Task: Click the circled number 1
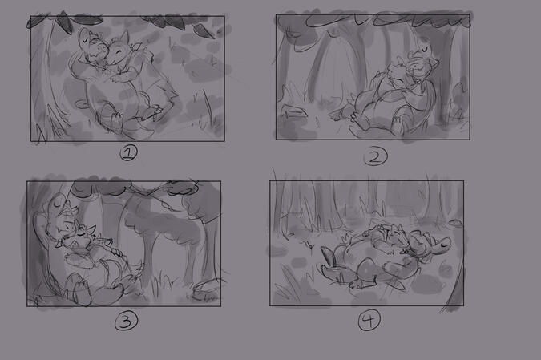click(128, 152)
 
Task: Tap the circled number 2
click(375, 156)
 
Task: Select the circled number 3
click(127, 321)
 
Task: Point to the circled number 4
click(369, 320)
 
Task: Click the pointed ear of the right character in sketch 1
click(124, 37)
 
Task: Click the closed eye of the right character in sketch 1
click(119, 52)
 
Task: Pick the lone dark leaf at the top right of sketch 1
click(204, 30)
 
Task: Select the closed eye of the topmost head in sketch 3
click(56, 204)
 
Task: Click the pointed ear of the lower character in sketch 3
click(92, 229)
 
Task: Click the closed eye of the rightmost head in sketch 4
click(445, 245)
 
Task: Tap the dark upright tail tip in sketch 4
click(328, 256)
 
